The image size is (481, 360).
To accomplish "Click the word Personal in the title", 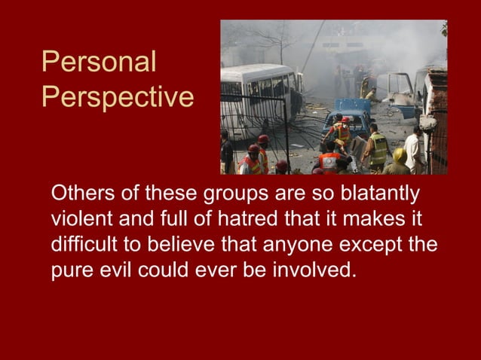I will click(x=99, y=63).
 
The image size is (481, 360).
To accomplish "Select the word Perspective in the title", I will click(x=118, y=97).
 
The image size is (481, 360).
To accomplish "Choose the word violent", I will click(x=79, y=220).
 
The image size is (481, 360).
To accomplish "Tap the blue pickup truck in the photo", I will click(x=347, y=117).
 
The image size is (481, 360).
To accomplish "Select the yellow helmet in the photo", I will click(x=400, y=154).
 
